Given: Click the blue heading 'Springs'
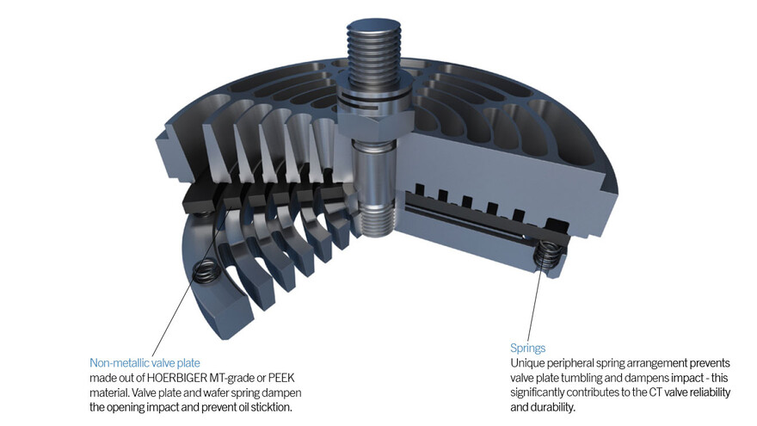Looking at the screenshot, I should [528, 349].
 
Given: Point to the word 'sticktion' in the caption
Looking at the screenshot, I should [276, 407].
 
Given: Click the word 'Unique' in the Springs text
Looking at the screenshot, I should [528, 363].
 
